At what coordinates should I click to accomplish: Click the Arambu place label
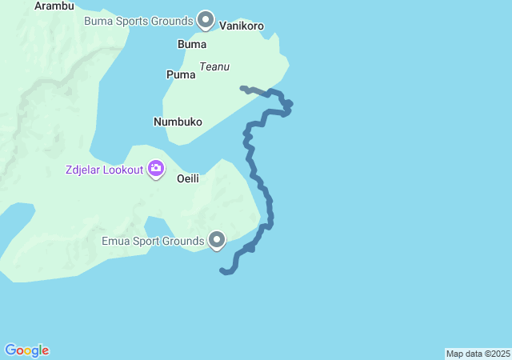pyautogui.click(x=54, y=6)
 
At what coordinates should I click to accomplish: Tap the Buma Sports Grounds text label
pyautogui.click(x=138, y=20)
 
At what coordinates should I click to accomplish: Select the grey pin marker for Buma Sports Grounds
pyautogui.click(x=206, y=19)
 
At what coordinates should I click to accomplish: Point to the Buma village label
pyautogui.click(x=191, y=44)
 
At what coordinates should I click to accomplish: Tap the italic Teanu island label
pyautogui.click(x=215, y=66)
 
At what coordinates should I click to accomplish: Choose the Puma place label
pyautogui.click(x=181, y=74)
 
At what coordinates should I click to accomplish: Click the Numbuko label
pyautogui.click(x=178, y=122)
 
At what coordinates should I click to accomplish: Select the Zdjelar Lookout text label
pyautogui.click(x=104, y=170)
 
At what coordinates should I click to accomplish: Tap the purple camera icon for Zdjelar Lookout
pyautogui.click(x=155, y=169)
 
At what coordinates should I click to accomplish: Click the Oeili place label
pyautogui.click(x=187, y=178)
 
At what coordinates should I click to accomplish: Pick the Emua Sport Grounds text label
pyautogui.click(x=153, y=239)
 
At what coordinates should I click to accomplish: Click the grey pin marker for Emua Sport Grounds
pyautogui.click(x=217, y=239)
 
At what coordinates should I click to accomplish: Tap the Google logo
pyautogui.click(x=27, y=350)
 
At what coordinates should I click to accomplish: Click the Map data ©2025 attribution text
pyautogui.click(x=478, y=354)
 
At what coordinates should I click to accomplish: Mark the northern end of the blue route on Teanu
pyautogui.click(x=242, y=87)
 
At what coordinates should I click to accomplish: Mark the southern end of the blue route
pyautogui.click(x=222, y=271)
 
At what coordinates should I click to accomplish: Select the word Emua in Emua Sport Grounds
pyautogui.click(x=116, y=239)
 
